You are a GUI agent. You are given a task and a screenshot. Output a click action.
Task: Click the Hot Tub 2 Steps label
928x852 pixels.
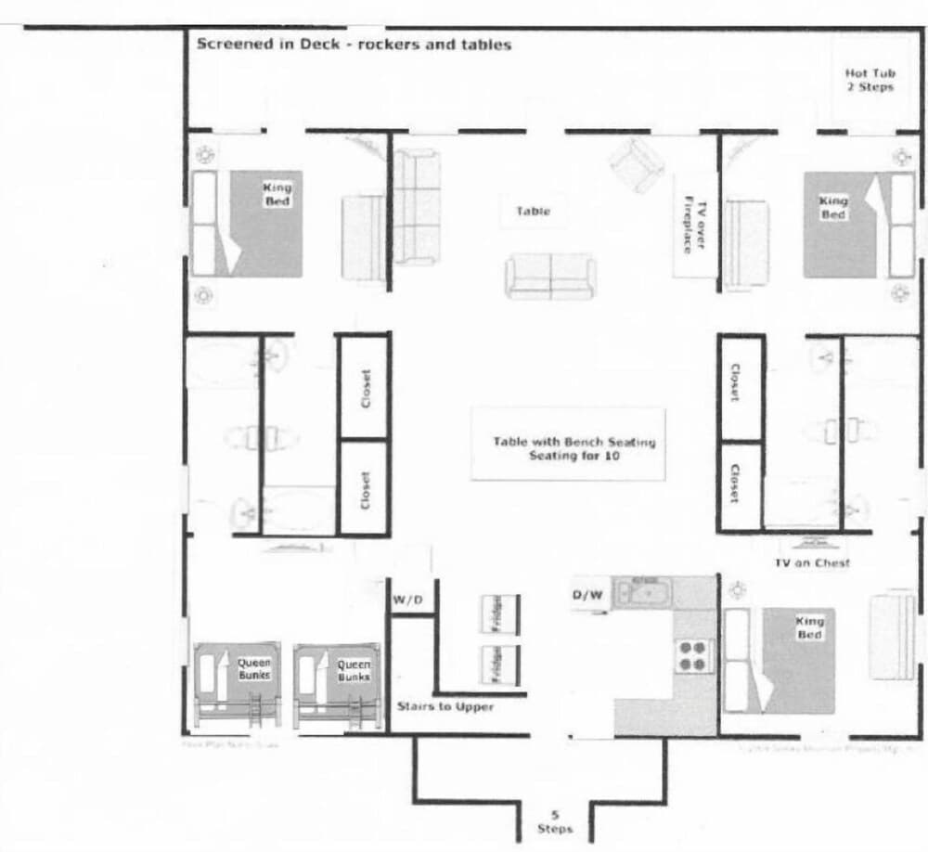[869, 80]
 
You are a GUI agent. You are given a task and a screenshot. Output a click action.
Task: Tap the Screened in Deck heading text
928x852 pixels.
[354, 44]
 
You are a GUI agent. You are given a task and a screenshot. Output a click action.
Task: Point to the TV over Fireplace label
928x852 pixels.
[695, 225]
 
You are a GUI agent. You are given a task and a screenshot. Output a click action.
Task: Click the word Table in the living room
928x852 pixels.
[533, 212]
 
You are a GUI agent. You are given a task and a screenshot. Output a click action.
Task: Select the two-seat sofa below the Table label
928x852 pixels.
[550, 277]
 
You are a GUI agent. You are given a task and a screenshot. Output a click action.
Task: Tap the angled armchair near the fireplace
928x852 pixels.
[637, 163]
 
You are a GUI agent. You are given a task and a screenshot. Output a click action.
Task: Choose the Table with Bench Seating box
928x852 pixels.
[568, 444]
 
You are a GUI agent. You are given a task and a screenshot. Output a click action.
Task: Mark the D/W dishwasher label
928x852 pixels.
[586, 596]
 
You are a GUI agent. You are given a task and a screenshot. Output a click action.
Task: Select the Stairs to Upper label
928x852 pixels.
[445, 706]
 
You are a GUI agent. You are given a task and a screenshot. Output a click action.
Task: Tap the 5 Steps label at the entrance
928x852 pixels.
[555, 821]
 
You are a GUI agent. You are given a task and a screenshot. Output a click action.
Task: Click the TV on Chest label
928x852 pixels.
[812, 563]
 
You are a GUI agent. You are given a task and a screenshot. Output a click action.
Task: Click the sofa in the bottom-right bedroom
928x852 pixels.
[892, 633]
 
